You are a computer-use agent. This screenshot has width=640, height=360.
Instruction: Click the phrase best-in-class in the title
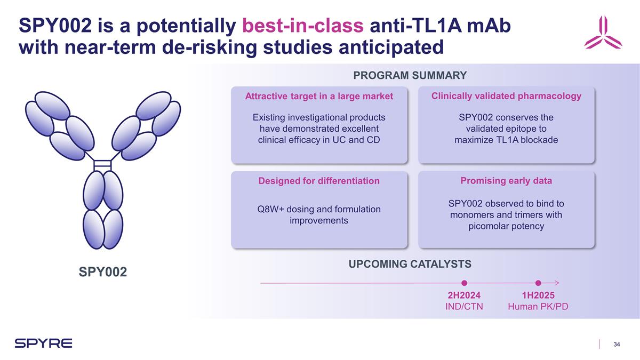302,25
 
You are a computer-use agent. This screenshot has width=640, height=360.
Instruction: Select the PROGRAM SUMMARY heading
410,76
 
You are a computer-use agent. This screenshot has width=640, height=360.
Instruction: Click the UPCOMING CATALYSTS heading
410,263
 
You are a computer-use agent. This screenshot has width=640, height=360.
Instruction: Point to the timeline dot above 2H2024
465,283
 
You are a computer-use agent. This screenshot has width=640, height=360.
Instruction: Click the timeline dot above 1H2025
538,283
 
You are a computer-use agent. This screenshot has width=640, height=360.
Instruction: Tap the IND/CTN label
464,307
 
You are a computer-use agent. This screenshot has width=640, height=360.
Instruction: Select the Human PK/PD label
538,307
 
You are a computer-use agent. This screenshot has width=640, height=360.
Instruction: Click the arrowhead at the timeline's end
556,283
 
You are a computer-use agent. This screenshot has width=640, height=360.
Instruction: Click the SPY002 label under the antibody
103,273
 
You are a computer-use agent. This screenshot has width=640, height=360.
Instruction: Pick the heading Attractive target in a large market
319,96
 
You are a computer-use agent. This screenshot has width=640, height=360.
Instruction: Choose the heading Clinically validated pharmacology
506,95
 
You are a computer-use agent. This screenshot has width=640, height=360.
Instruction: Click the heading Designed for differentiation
319,181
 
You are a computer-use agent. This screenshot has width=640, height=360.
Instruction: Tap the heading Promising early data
506,181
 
